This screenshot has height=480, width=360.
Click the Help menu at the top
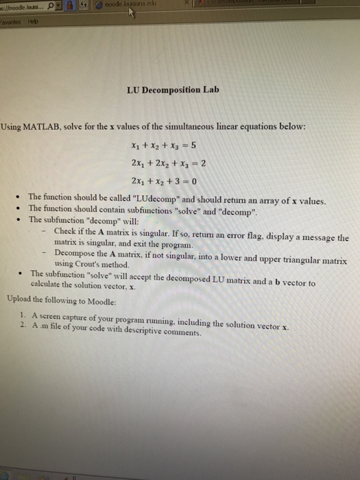pyautogui.click(x=33, y=21)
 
